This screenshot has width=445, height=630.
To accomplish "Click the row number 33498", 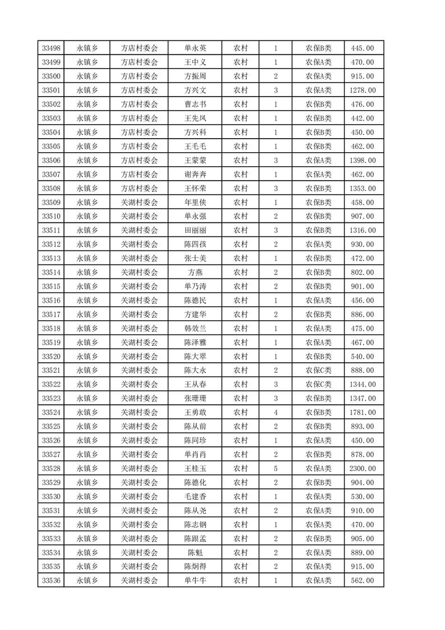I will tap(51, 48).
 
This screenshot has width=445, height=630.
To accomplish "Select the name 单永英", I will tap(195, 48).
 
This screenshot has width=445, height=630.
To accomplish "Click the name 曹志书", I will tap(195, 104).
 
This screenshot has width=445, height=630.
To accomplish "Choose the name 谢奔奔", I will tap(195, 175).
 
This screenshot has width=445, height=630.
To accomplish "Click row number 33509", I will tap(51, 203).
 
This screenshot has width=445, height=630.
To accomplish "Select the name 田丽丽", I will tap(195, 231).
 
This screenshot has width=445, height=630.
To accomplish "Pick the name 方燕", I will tap(195, 272).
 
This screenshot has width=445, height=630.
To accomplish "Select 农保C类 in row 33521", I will tap(318, 371).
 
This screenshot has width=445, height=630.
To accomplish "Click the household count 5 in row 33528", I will tap(276, 469).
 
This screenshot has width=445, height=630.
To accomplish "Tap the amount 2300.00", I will tap(362, 469).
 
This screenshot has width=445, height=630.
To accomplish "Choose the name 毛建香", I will tap(195, 497).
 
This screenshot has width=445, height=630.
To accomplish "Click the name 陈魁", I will tap(195, 553).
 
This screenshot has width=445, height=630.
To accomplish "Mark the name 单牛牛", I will tap(195, 581).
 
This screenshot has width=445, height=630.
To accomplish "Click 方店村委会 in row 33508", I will tap(140, 189).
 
